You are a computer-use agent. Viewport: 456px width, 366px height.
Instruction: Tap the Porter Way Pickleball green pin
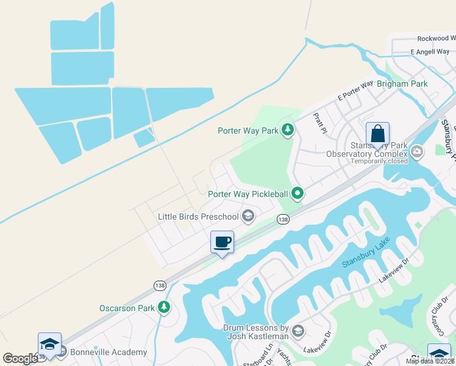click(297, 193)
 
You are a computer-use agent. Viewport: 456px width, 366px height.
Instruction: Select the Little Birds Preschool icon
click(248, 216)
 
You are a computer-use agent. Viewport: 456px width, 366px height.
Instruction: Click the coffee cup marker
click(222, 242)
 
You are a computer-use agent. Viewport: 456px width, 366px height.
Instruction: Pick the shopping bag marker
click(377, 134)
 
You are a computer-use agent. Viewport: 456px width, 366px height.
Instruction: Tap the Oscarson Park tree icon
click(163, 307)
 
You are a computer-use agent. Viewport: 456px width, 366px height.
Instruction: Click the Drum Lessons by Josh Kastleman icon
click(298, 331)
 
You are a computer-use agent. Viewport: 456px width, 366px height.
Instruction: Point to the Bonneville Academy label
click(109, 352)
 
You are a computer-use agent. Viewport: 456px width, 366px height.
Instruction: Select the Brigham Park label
click(402, 84)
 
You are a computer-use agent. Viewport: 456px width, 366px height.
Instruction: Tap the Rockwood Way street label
click(436, 38)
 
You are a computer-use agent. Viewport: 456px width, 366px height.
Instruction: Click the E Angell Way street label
click(430, 52)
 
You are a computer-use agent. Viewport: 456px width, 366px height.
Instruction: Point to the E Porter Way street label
click(355, 91)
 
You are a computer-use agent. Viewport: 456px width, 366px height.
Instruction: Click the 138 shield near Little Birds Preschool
click(283, 219)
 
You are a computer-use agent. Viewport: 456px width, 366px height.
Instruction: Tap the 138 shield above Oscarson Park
click(159, 285)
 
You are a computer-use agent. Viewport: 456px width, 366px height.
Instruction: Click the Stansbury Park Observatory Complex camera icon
click(417, 151)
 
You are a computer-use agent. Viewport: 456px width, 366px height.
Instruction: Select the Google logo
click(21, 359)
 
